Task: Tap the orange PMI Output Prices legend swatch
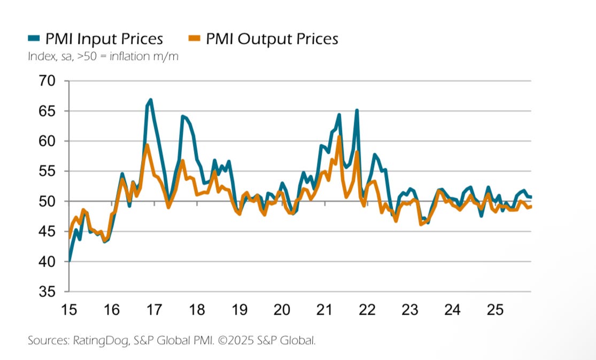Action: pos(196,38)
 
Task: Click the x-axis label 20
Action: pos(282,309)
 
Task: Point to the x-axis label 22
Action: pos(367,309)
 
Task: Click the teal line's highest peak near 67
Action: pos(151,100)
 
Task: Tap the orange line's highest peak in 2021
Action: pos(339,137)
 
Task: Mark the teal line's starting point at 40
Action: pos(69,261)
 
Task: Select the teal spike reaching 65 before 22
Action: pos(357,111)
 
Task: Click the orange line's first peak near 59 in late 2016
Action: pos(147,145)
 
